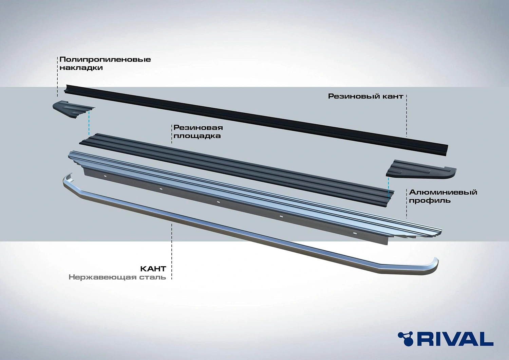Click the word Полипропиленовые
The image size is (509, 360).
[105, 59]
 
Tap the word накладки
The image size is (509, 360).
[81, 68]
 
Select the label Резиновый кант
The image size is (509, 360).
[365, 96]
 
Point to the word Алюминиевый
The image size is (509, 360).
[443, 192]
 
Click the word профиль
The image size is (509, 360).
[430, 200]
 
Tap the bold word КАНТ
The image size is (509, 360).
[153, 269]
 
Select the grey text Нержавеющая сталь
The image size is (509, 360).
[117, 277]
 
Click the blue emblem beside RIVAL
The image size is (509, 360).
[406, 338]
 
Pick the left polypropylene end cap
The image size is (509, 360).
[71, 109]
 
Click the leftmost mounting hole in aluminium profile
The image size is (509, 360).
[106, 176]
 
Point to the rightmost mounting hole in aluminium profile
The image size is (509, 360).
[355, 234]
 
